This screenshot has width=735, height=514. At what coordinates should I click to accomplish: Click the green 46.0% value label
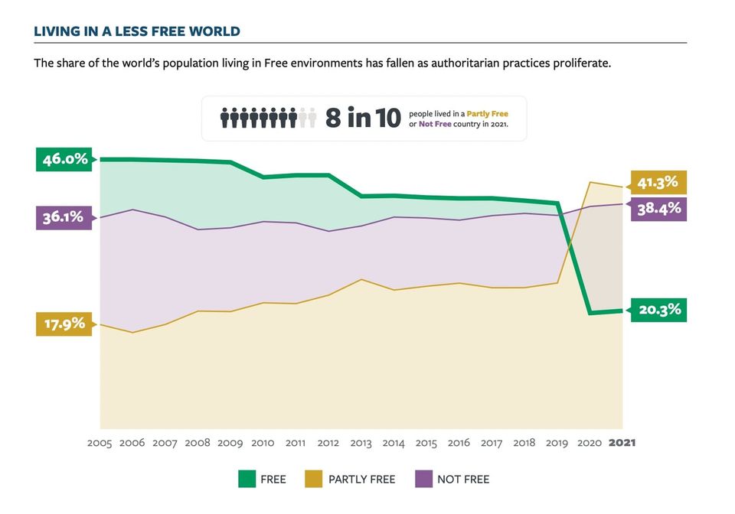point(64,160)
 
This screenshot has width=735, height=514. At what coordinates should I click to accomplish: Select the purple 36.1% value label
point(63,217)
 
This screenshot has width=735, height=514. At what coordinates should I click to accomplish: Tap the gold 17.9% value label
point(63,324)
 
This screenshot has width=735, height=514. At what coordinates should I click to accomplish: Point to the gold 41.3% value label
point(658,182)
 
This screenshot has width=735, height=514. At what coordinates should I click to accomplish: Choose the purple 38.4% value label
point(658,208)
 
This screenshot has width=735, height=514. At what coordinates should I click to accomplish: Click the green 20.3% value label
point(658,311)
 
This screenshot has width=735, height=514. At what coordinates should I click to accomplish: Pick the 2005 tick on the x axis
point(100,443)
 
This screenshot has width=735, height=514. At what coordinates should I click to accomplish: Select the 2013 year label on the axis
point(361,443)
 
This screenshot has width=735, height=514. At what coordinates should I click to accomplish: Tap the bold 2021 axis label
point(622,443)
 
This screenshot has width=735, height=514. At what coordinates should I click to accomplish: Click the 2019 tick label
point(557,443)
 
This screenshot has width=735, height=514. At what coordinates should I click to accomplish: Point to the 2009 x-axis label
point(230,443)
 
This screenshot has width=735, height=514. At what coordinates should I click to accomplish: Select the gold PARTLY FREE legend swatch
point(314,480)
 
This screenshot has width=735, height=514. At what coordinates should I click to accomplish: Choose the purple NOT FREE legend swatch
point(424,480)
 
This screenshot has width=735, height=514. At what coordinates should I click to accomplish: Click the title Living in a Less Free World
point(137,31)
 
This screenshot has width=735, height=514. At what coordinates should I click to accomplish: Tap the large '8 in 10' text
point(363,119)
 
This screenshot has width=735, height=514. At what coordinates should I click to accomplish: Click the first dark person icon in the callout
point(226,119)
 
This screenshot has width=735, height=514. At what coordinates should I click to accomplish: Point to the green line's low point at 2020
point(590,313)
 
